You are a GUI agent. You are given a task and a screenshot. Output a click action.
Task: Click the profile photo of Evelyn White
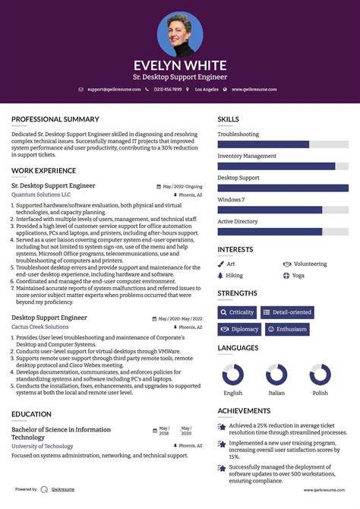click(180, 34)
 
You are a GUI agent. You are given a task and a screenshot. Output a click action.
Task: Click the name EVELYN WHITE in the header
click(180, 65)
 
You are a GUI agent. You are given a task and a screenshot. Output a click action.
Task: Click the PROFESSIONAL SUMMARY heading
click(55, 119)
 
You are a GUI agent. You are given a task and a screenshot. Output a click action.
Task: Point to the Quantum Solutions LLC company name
click(41, 194)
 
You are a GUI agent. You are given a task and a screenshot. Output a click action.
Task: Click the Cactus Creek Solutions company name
click(39, 327)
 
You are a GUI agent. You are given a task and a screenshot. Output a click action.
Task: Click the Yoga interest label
click(298, 275)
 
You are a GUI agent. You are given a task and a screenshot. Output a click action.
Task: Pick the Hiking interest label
click(235, 275)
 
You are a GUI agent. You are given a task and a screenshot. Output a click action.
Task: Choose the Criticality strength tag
click(237, 312)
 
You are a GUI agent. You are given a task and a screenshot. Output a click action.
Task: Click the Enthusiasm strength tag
click(287, 329)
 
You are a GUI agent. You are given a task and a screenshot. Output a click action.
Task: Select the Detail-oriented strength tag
click(287, 312)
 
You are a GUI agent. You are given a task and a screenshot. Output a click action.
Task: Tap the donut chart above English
click(232, 375)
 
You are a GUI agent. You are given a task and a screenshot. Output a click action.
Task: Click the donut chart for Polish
click(320, 375)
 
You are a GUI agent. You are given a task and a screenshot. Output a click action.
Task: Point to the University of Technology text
click(43, 446)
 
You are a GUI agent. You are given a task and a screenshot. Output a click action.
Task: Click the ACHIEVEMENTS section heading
click(244, 410)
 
